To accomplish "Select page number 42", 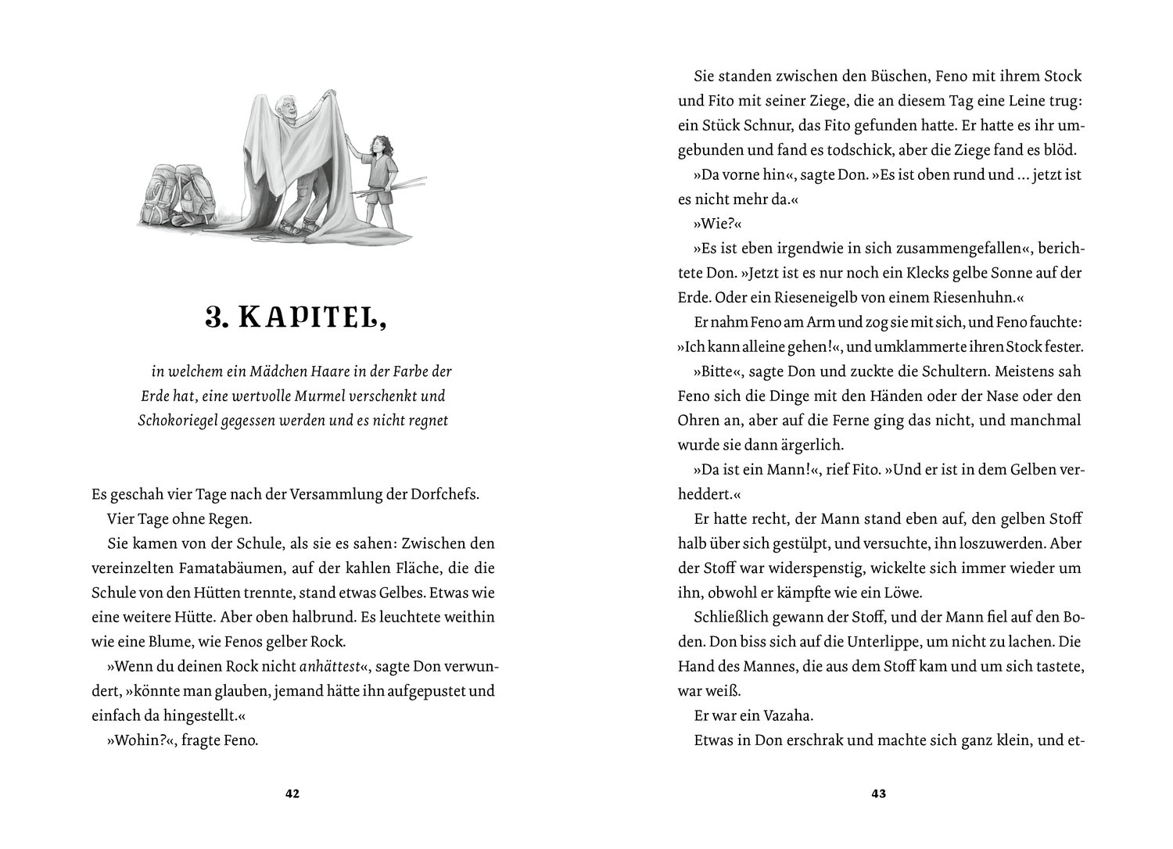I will click(292, 794).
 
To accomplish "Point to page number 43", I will click(878, 794).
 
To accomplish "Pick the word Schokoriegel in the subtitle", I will click(177, 421).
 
